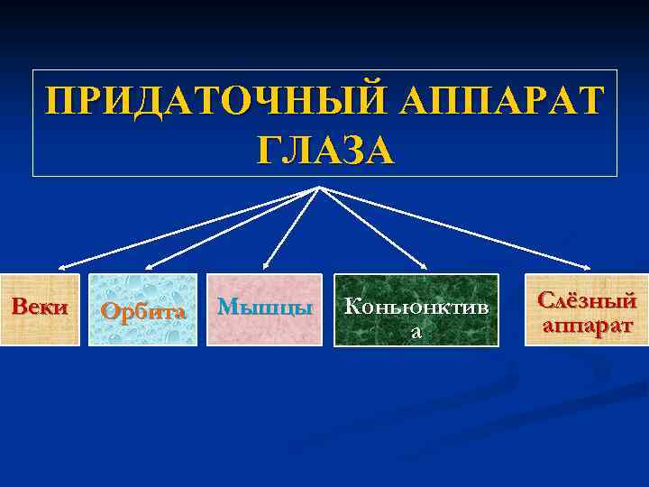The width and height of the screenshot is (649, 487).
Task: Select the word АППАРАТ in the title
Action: click(514, 102)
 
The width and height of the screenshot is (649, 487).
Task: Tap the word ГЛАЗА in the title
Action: click(324, 148)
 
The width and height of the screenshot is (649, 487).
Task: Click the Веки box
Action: click(40, 309)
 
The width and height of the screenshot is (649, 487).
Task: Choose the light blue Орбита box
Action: click(142, 309)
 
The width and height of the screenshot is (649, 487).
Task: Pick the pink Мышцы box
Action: click(264, 309)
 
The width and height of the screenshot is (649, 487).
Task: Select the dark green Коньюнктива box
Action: click(416, 310)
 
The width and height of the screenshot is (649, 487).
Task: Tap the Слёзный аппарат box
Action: click(587, 309)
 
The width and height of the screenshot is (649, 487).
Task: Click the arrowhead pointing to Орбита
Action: click(149, 268)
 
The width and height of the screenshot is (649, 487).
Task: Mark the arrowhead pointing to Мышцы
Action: click(265, 268)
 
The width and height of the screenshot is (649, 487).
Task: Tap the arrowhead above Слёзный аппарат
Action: click(588, 267)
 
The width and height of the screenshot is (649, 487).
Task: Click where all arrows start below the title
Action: click(320, 187)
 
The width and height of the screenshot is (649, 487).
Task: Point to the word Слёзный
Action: click(587, 300)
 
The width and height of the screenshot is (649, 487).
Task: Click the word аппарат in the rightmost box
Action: click(587, 324)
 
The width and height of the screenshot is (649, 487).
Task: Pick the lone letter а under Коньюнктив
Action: click(416, 333)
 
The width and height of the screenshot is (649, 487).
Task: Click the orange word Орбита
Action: click(143, 312)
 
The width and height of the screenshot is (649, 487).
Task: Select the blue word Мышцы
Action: click(265, 307)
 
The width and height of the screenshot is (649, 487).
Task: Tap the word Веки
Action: click(40, 306)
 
